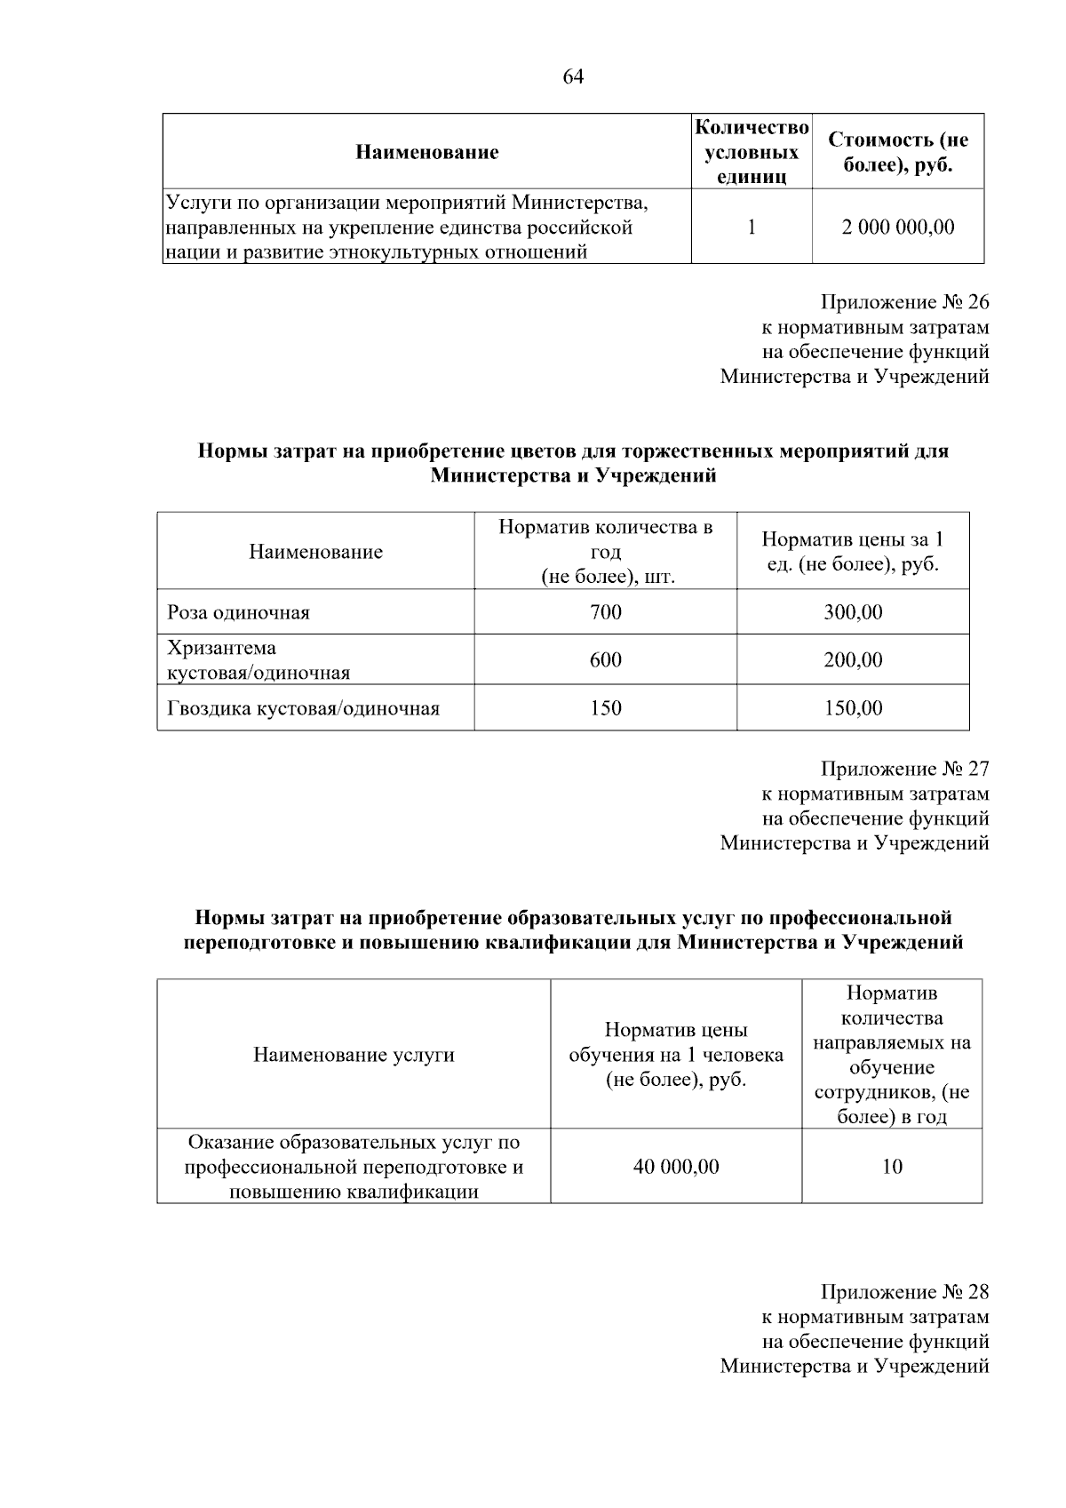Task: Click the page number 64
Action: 573,76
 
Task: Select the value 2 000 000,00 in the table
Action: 897,227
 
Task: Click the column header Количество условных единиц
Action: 751,152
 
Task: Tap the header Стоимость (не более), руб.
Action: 897,152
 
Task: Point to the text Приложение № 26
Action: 903,302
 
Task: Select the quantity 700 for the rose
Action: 605,612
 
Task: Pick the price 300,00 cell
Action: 852,612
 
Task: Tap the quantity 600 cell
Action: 605,660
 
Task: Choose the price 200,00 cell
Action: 852,660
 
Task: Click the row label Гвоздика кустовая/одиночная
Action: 303,708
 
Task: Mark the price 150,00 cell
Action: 852,708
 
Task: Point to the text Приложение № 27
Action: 903,769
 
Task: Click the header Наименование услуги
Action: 354,1055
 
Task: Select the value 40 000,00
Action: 675,1167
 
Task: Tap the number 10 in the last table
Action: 892,1167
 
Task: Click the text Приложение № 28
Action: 903,1292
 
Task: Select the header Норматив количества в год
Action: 605,551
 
